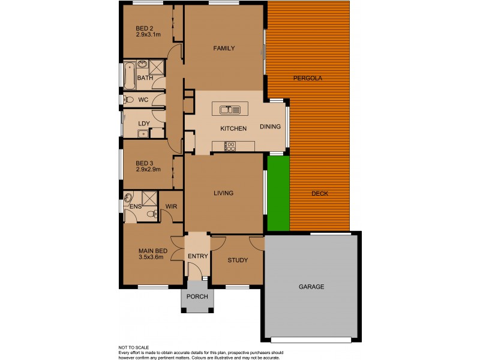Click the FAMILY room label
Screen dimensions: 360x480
[224, 49]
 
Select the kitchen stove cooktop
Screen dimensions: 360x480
[230, 145]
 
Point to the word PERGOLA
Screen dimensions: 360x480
[308, 79]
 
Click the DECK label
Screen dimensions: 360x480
[320, 193]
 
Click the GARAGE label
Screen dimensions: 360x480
[311, 287]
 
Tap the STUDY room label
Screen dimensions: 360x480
[238, 260]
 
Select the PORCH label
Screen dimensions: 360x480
[197, 297]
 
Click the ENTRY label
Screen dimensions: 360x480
[197, 257]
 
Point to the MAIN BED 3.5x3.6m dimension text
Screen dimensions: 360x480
[150, 257]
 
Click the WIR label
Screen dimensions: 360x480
[171, 207]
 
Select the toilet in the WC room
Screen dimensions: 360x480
[128, 100]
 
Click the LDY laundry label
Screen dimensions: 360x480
[143, 124]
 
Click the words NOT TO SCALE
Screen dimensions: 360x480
[134, 347]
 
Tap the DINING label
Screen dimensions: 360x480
[270, 127]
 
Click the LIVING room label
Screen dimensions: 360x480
[223, 193]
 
